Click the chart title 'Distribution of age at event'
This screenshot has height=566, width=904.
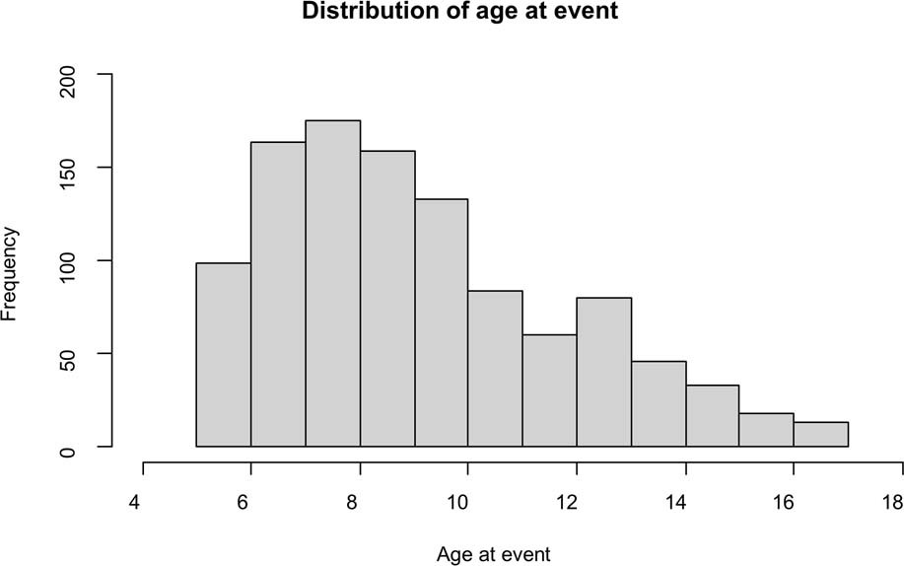[x=451, y=13]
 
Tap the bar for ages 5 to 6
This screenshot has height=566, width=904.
[x=224, y=355]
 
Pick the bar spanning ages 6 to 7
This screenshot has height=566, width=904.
[x=278, y=295]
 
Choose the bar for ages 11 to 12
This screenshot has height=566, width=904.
[x=549, y=390]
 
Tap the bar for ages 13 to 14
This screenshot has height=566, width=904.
[x=659, y=404]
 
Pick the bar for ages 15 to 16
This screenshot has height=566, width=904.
[x=766, y=430]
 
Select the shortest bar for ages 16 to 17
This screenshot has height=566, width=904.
[x=820, y=435]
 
